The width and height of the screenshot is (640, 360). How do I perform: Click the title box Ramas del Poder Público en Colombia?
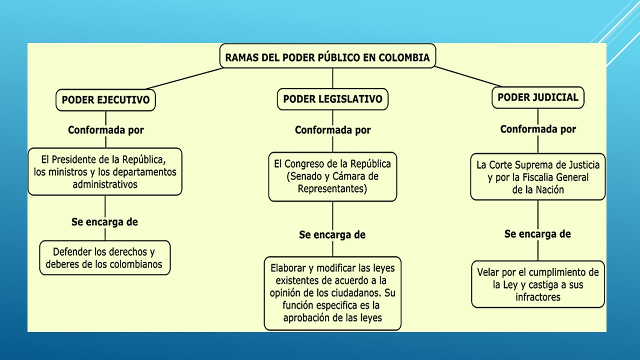(327, 57)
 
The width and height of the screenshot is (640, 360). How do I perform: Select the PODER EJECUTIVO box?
(105, 100)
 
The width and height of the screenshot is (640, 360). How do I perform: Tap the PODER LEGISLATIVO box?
(332, 99)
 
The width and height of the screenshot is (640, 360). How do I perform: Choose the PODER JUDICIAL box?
(538, 97)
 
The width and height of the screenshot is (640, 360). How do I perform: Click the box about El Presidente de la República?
(105, 171)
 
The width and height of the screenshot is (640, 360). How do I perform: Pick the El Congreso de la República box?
(332, 176)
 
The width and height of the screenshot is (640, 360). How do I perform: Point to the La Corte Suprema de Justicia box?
(538, 177)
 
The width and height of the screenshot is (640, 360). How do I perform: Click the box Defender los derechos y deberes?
(105, 258)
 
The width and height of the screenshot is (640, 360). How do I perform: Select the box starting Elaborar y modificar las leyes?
(332, 293)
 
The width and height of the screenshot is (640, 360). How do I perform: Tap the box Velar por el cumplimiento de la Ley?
(538, 284)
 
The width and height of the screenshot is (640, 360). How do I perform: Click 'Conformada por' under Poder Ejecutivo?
(106, 130)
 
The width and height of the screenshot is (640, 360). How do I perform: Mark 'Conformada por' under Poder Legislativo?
(333, 130)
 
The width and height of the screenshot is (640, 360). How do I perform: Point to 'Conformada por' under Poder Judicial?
(538, 129)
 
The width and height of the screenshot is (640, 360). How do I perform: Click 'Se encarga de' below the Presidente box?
(104, 222)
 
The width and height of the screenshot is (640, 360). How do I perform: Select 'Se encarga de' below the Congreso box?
(332, 234)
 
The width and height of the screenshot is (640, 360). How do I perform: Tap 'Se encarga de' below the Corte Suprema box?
(538, 234)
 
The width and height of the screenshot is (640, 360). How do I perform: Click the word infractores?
(538, 297)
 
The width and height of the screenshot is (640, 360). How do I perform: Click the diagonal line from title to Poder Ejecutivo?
(186, 78)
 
